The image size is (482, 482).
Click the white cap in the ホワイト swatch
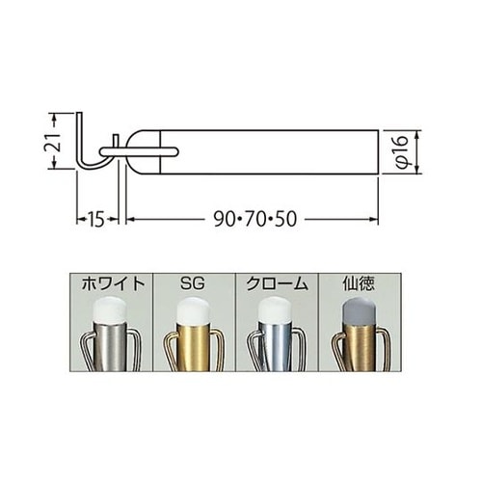coord(109,310)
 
